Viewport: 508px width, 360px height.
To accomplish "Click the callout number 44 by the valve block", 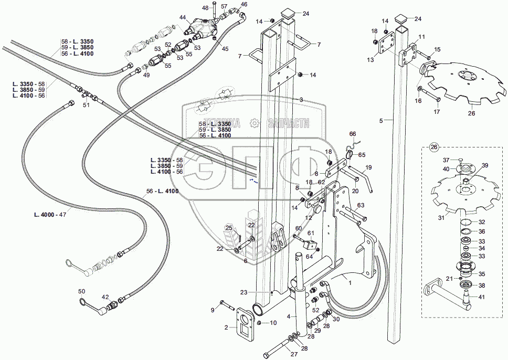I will point(183,18).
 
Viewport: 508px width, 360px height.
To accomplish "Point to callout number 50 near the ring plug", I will point(81,291).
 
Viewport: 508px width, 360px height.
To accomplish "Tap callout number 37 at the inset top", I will point(446,160).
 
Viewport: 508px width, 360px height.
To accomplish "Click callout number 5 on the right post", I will point(381,121).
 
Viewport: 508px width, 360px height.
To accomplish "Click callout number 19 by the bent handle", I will point(368,167).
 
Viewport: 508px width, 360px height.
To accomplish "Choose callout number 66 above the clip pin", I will point(353,134).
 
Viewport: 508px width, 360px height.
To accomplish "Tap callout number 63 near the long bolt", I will point(361,205).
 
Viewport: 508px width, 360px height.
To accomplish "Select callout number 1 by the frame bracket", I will point(350,282).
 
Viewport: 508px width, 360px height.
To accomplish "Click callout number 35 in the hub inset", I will point(482,274).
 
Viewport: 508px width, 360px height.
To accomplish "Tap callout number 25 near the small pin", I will point(228,227).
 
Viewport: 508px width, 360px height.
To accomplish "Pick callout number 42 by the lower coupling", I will point(105,297).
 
